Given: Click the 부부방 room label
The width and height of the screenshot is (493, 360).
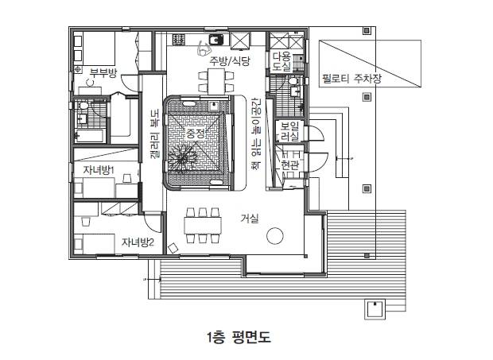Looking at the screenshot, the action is click(103, 73).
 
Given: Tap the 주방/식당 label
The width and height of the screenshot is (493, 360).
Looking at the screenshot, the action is click(230, 60).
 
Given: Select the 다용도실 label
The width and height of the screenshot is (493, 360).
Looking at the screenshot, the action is click(281, 61).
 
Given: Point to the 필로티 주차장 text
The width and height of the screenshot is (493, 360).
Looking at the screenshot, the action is click(351, 78).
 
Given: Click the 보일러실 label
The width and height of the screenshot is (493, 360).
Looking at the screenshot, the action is click(290, 132).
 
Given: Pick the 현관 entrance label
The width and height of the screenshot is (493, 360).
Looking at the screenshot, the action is click(290, 165).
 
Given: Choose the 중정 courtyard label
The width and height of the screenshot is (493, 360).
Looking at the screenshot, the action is click(196, 134).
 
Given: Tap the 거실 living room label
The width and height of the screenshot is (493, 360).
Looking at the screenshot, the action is click(250, 218).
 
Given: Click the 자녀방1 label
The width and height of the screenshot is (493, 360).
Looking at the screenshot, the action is click(99, 170).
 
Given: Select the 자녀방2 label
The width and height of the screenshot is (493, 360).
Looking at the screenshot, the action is click(138, 242).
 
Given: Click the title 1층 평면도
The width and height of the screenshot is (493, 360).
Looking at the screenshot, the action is click(239, 337).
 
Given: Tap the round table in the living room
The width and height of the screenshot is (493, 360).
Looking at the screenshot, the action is click(275, 235).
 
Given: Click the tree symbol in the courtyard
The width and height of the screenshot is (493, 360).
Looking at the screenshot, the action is click(181, 156).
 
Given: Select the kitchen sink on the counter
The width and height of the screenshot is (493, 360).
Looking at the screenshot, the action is click(216, 40).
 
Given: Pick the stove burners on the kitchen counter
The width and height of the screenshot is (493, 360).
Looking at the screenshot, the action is click(179, 39).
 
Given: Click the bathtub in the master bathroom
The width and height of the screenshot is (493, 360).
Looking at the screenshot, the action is click(90, 136).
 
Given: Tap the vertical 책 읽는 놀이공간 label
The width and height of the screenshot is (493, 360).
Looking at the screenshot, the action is click(256, 134).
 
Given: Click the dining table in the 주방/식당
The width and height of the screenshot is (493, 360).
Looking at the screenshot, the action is click(216, 81).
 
